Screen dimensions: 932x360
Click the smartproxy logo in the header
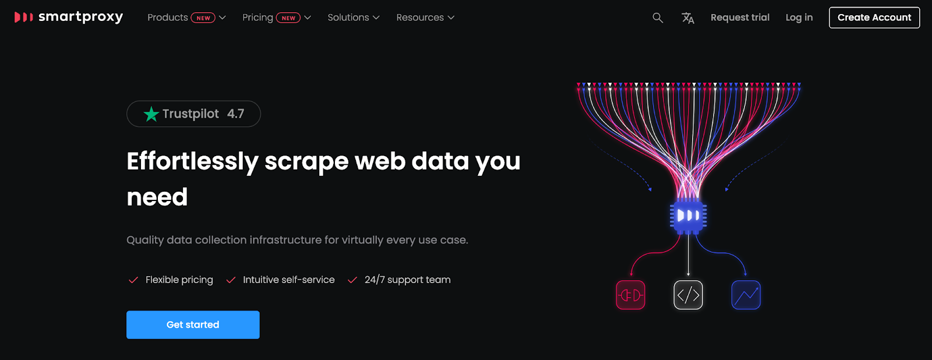[69, 17]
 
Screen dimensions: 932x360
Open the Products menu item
[168, 17]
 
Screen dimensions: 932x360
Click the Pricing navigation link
[257, 17]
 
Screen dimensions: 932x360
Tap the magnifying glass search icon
[658, 17]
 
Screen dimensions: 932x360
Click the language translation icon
[688, 18]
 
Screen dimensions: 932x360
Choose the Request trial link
[740, 17]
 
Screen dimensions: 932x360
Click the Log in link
[799, 17]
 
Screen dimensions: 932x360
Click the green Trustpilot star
[151, 114]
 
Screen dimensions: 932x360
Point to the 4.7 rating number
[235, 114]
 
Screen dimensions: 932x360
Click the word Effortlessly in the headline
[192, 161]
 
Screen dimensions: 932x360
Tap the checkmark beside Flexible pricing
[133, 280]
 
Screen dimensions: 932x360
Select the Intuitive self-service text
[288, 280]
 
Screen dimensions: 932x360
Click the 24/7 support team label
[407, 280]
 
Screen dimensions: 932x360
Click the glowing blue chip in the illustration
[688, 216]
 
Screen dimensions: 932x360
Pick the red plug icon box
[630, 295]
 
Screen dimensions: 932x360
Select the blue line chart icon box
[746, 295]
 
